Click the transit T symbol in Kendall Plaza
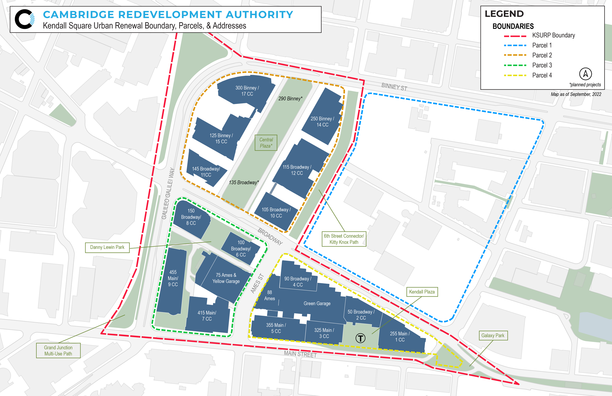pos(360,338)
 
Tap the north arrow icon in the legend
pos(585,74)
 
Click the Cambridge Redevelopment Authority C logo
pos(24,19)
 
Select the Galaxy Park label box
pos(493,335)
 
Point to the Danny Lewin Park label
pos(107,247)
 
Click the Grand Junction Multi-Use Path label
pos(58,350)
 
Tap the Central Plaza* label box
pos(266,143)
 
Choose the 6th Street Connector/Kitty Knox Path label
pos(344,239)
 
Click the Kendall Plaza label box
pos(422,292)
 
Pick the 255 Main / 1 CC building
pos(400,337)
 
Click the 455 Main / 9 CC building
pos(173,279)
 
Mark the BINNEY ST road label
pos(394,87)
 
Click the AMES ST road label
pos(257,284)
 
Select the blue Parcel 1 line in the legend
pos(515,46)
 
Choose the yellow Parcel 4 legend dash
pos(515,75)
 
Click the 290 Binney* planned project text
pos(290,98)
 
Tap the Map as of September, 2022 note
pos(576,94)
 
